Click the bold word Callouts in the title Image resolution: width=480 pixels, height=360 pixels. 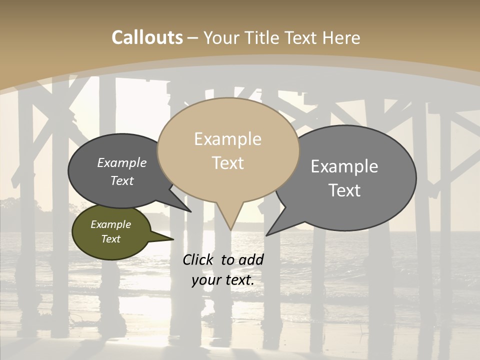pyautogui.click(x=147, y=37)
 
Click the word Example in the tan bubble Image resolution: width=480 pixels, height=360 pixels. pyautogui.click(x=227, y=139)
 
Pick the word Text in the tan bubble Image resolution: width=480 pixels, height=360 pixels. pyautogui.click(x=227, y=163)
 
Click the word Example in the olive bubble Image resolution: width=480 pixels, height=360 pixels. pyautogui.click(x=110, y=224)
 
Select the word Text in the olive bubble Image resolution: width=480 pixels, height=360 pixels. pyautogui.click(x=110, y=239)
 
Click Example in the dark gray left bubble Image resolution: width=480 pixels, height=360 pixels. pyautogui.click(x=122, y=162)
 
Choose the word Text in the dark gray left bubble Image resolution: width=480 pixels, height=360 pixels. pyautogui.click(x=122, y=180)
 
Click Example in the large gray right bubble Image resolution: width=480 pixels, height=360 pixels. pyautogui.click(x=344, y=166)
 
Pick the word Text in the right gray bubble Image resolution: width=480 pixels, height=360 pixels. pyautogui.click(x=344, y=190)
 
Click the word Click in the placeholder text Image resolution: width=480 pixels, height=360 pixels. pyautogui.click(x=199, y=259)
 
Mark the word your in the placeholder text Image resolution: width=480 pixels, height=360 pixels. pyautogui.click(x=205, y=280)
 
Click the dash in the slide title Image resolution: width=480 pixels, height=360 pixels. pyautogui.click(x=193, y=38)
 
